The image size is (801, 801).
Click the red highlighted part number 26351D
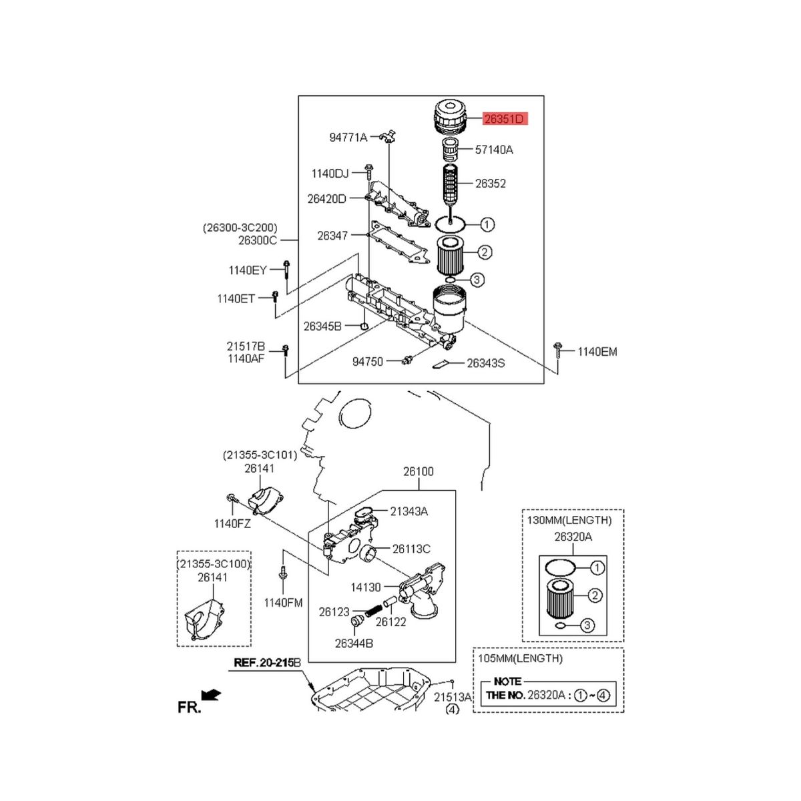(x=505, y=119)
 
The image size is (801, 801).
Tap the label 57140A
(x=494, y=150)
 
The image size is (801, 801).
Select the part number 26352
(x=491, y=184)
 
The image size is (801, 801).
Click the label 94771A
(x=348, y=138)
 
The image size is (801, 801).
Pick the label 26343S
(x=485, y=363)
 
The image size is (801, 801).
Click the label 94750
(x=367, y=362)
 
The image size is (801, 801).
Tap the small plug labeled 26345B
(x=364, y=324)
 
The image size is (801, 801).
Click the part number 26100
(x=418, y=471)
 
